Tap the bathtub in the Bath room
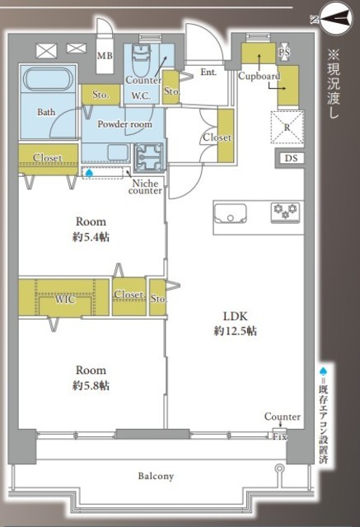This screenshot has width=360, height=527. [x=48, y=79]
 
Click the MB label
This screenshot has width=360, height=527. [x=105, y=55]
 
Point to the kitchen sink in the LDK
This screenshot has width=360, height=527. [x=231, y=213]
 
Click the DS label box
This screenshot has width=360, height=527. [x=291, y=158]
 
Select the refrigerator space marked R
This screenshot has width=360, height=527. [x=287, y=128]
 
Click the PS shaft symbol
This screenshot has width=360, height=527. [x=284, y=52]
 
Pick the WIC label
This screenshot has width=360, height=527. [x=65, y=299]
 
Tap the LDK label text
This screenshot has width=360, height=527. [x=236, y=316]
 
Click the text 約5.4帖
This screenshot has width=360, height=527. [x=91, y=237]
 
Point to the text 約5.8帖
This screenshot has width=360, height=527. [x=91, y=385]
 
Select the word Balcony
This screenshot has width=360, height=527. [x=156, y=476]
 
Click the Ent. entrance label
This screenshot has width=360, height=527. [x=208, y=72]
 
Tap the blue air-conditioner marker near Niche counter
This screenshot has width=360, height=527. [x=89, y=173]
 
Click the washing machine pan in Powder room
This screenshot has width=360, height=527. [x=149, y=157]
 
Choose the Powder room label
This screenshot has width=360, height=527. [x=124, y=124]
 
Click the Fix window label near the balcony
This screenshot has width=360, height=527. [x=279, y=437]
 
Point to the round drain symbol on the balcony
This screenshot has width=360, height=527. [x=279, y=469]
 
